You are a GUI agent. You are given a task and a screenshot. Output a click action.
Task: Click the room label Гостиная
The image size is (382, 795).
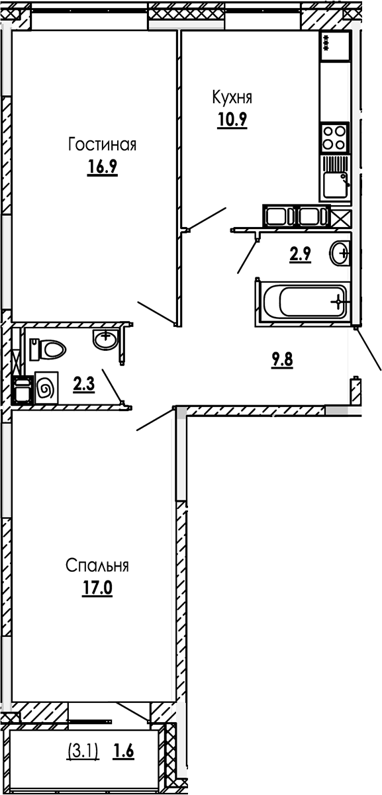[102, 144]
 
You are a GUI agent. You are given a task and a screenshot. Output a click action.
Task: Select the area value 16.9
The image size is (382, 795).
[102, 167]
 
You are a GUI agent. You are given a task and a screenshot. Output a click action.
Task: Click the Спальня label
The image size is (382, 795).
[97, 565]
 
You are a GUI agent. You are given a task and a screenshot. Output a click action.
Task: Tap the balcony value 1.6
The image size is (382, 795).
[124, 751]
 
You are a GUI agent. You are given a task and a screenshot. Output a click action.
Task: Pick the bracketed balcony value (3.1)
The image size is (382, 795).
[83, 751]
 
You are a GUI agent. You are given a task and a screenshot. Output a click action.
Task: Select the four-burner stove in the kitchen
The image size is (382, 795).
[334, 137]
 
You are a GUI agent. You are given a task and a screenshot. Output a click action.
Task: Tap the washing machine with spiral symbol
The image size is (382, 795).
[46, 389]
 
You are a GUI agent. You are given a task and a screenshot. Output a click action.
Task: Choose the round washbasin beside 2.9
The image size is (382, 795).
[341, 252]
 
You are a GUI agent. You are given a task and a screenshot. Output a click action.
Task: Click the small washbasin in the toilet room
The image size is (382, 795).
[105, 340]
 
